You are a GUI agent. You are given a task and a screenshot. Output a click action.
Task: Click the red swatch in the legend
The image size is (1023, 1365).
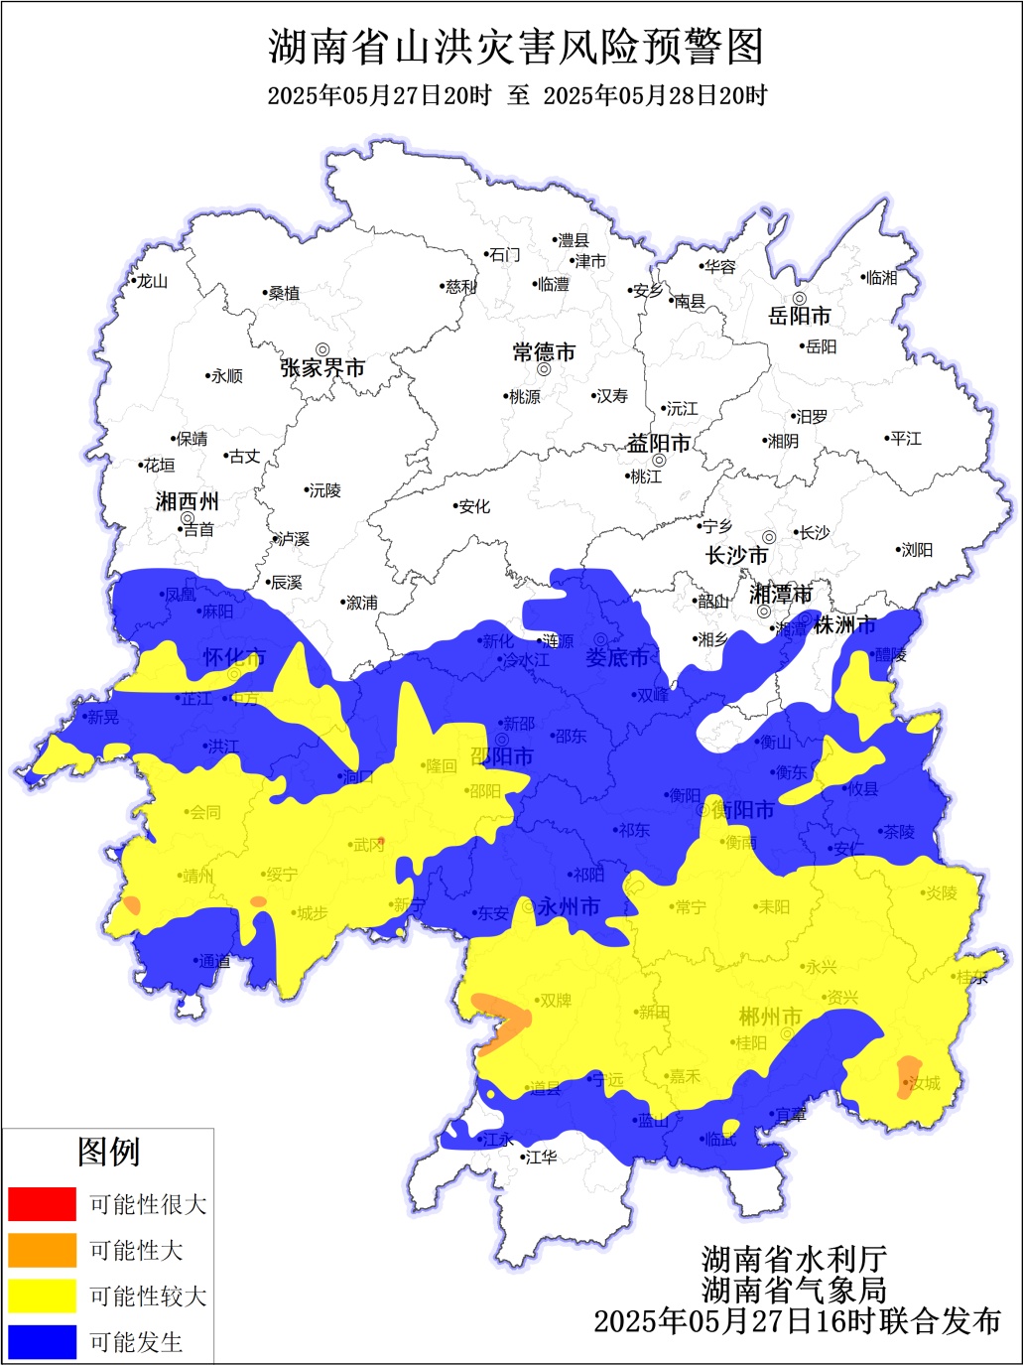point(42,1203)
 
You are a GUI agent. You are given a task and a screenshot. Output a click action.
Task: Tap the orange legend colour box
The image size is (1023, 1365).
point(42,1250)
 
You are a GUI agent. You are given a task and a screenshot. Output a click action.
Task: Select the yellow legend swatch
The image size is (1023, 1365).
point(42,1296)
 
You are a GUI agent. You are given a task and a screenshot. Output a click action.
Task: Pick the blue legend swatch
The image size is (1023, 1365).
point(42,1341)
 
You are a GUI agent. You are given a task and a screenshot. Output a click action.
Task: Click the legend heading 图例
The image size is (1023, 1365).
point(108,1152)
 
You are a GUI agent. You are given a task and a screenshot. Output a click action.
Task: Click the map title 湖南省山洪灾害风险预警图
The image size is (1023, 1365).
point(516,47)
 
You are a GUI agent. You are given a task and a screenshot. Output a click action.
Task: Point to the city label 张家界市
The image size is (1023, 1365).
point(322,368)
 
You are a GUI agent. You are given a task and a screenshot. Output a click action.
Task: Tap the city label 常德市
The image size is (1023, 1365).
point(544,352)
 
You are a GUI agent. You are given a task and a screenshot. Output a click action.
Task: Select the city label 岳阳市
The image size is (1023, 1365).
point(800,316)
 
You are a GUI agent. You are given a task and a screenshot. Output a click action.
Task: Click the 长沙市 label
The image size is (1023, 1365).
point(736,556)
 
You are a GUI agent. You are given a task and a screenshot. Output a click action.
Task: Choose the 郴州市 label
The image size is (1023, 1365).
point(770,1017)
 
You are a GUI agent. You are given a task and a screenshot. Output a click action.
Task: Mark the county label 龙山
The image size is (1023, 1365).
point(152,281)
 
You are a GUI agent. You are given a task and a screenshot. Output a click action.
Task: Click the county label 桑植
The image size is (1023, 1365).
point(284,293)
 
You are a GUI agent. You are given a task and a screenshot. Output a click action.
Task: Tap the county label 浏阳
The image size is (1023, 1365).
point(917,550)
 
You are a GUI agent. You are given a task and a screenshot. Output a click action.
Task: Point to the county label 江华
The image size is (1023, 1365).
point(541,1158)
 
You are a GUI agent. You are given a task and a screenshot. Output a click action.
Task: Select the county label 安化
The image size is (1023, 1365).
point(474,506)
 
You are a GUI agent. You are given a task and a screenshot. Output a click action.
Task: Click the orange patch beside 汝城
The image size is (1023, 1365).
point(906,1076)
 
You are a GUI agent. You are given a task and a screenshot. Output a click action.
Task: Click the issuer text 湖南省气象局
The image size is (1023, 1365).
point(794,1290)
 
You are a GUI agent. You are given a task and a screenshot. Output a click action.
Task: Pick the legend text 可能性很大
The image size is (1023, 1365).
point(148,1204)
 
